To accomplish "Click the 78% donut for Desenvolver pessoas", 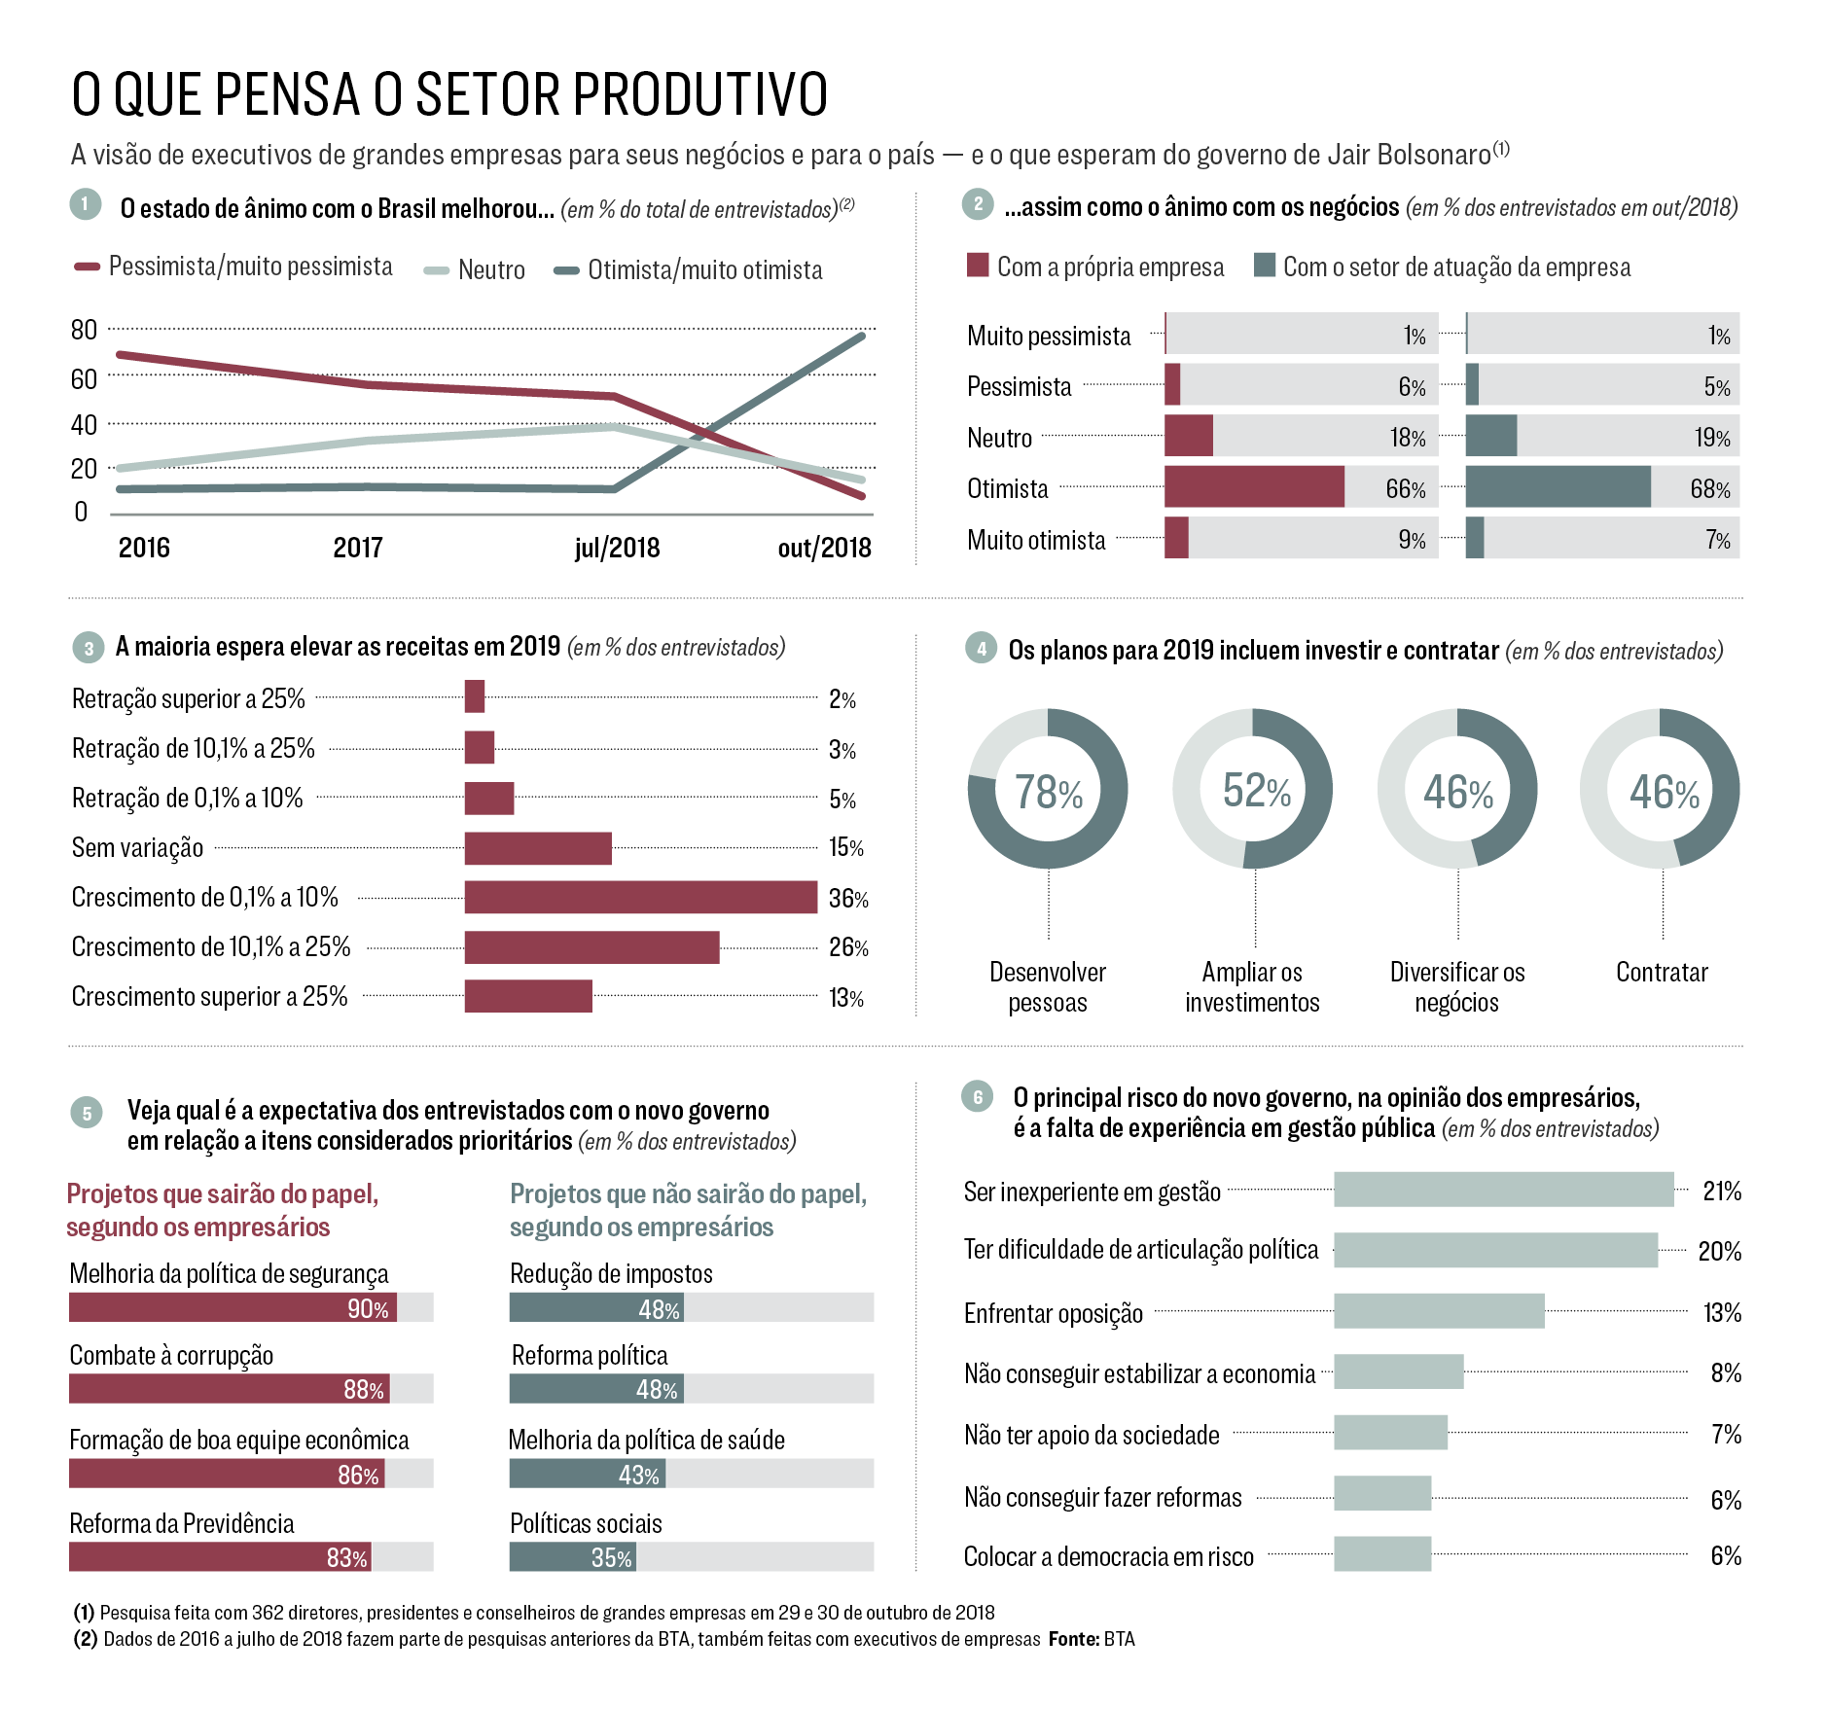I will coord(1048,789).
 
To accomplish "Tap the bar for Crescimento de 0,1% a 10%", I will coord(640,897).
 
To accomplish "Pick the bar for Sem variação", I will coord(538,848).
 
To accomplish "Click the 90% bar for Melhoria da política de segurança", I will coord(233,1307).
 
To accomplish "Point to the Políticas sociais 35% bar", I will coord(572,1557).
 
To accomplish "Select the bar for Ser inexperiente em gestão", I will coord(1503,1190).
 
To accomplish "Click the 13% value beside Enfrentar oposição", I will coord(1721,1312).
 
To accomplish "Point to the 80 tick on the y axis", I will coord(85,331).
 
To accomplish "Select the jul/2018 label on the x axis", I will coord(617,549).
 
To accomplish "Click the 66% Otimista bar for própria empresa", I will coord(1254,487).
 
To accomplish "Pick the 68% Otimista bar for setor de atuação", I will coord(1558,487).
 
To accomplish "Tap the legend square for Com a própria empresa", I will coord(978,266).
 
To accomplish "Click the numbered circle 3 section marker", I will coord(89,649).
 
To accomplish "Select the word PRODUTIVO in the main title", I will coord(699,95).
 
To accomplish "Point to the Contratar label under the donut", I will coord(1662,972).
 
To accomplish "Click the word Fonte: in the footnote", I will coord(1073,1639).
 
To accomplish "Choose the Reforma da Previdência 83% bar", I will coord(220,1557).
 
